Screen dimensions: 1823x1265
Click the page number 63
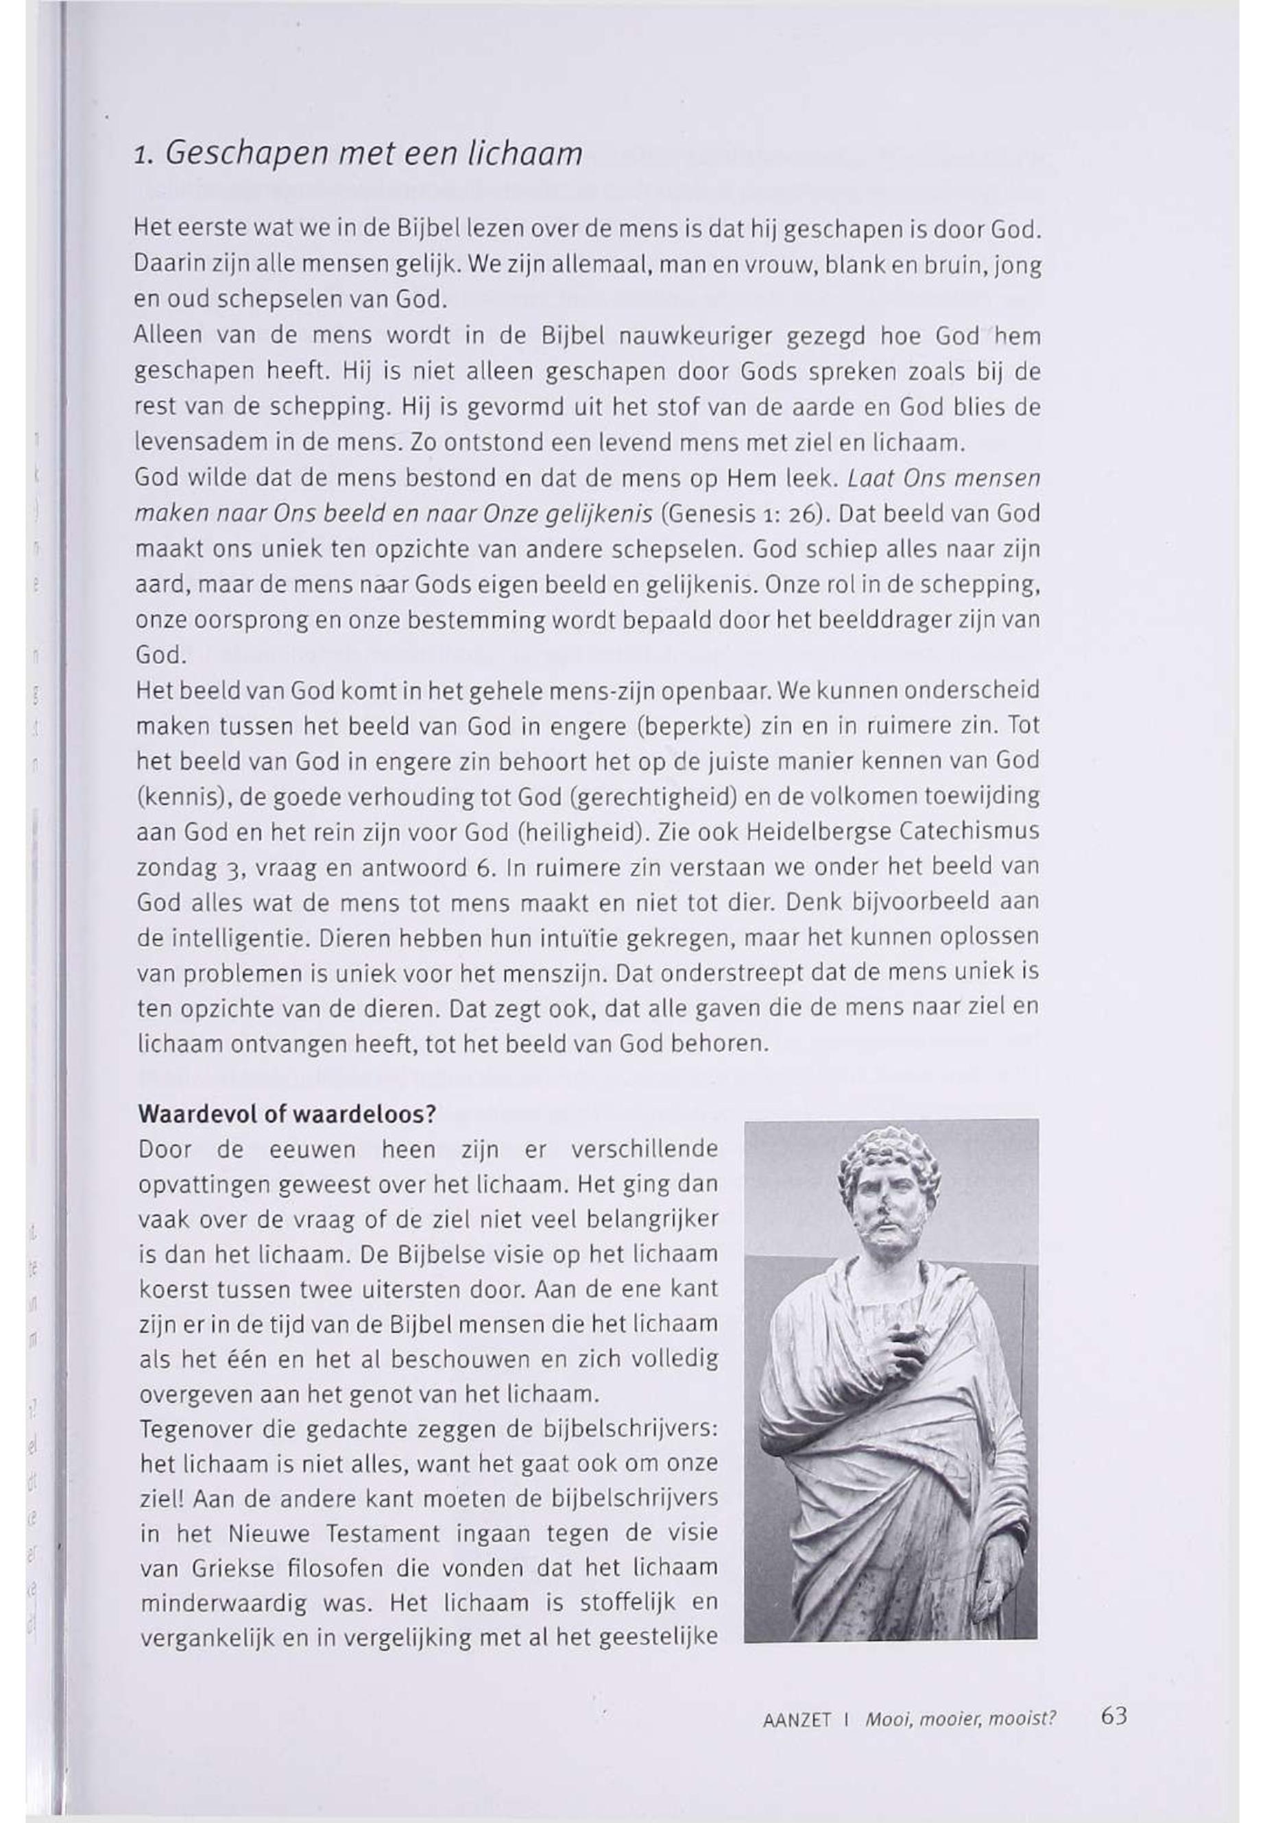coord(1113,1716)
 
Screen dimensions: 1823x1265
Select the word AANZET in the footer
coord(796,1720)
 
